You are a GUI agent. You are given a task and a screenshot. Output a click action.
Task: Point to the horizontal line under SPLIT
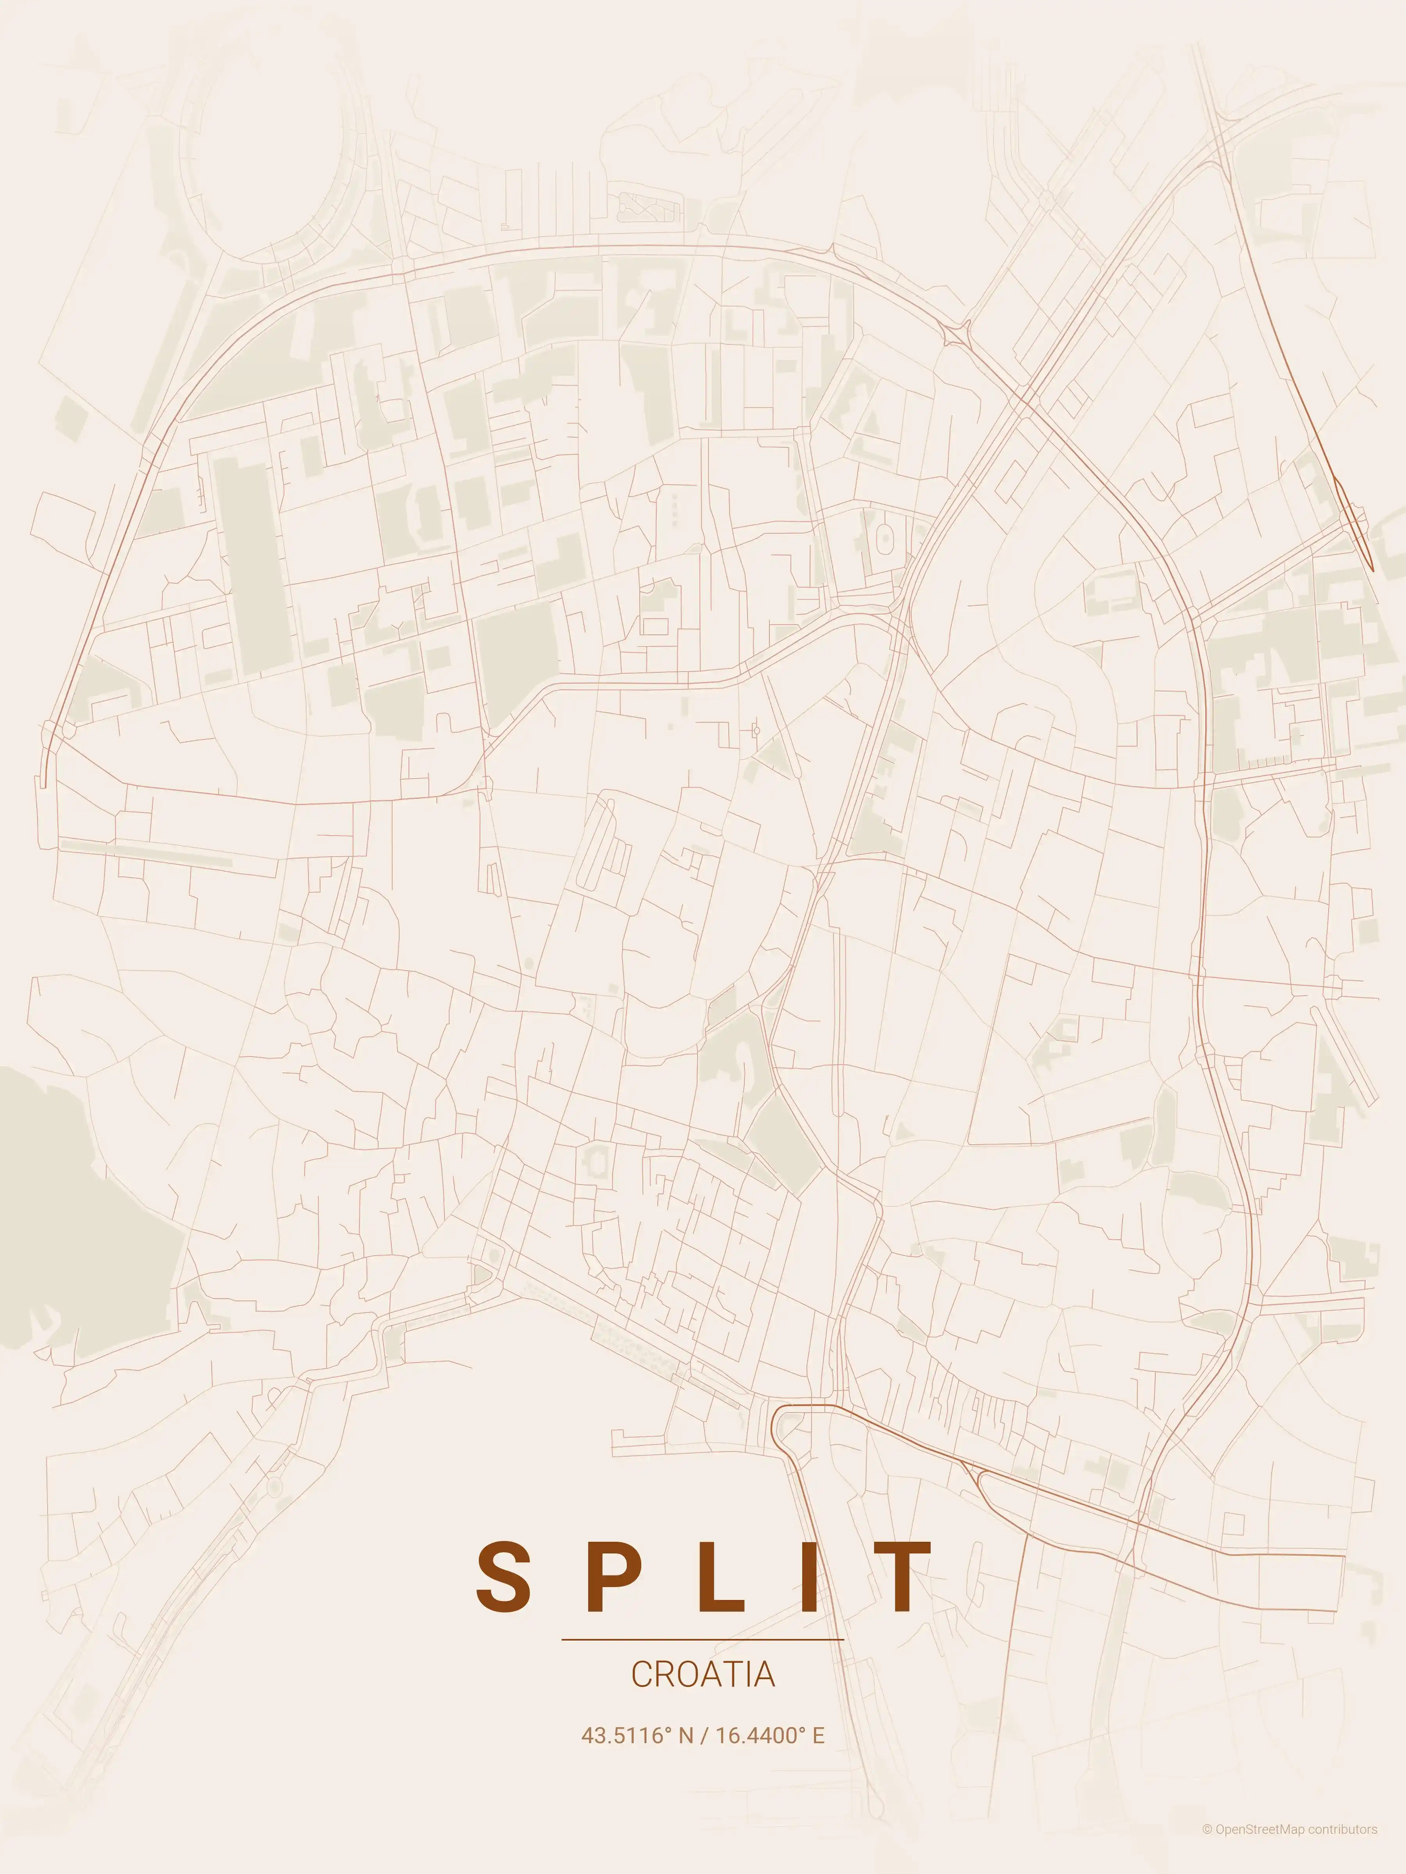click(703, 1639)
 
